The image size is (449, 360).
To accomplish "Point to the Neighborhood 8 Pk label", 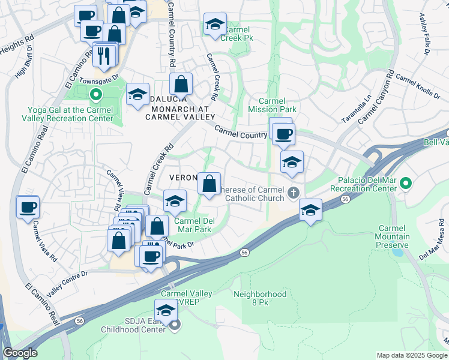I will pyautogui.click(x=260, y=299).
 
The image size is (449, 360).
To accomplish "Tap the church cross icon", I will pyautogui.click(x=293, y=193).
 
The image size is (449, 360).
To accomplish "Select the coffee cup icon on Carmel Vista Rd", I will pyautogui.click(x=28, y=207).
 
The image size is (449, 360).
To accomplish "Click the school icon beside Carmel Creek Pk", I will pyautogui.click(x=214, y=25).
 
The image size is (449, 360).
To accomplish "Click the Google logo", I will pyautogui.click(x=20, y=353).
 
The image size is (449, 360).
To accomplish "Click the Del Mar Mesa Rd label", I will pyautogui.click(x=431, y=245).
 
